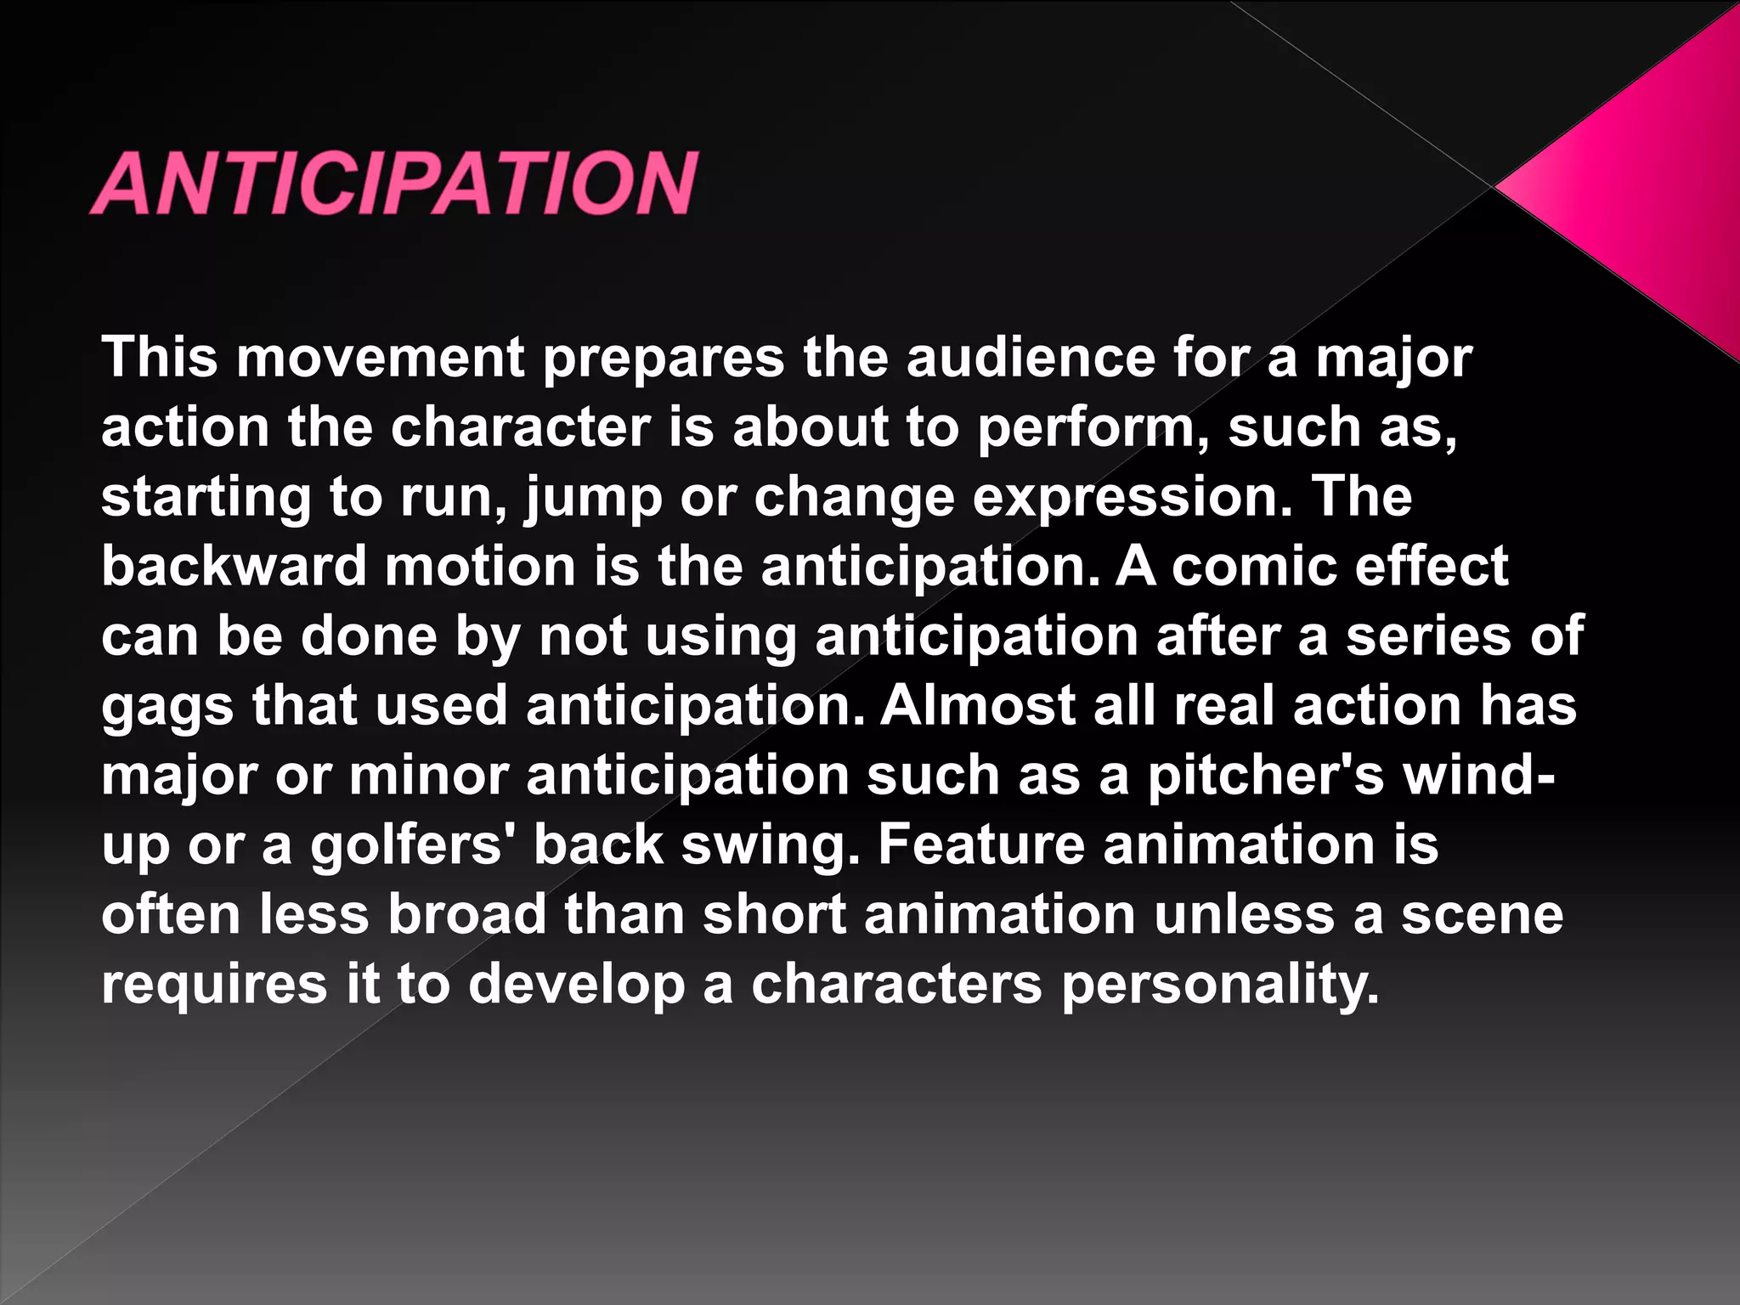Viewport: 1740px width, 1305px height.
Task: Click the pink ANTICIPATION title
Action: coord(394,183)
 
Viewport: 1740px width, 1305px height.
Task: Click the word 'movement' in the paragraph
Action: coord(381,358)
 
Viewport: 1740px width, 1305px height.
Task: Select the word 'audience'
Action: coord(1030,358)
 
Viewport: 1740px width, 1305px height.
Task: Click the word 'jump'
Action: coord(593,499)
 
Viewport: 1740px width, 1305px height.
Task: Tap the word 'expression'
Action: coord(1132,499)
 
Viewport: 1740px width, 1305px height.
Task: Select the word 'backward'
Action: coord(234,567)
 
